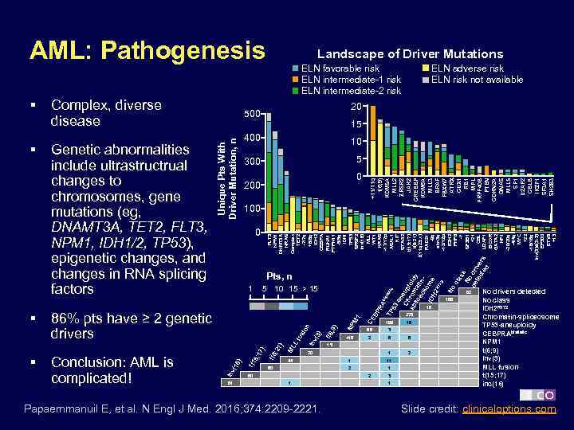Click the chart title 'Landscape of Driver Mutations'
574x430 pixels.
click(411, 53)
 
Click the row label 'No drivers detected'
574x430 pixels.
click(514, 291)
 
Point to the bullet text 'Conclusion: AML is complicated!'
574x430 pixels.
click(112, 369)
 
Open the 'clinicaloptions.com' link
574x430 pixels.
click(509, 409)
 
